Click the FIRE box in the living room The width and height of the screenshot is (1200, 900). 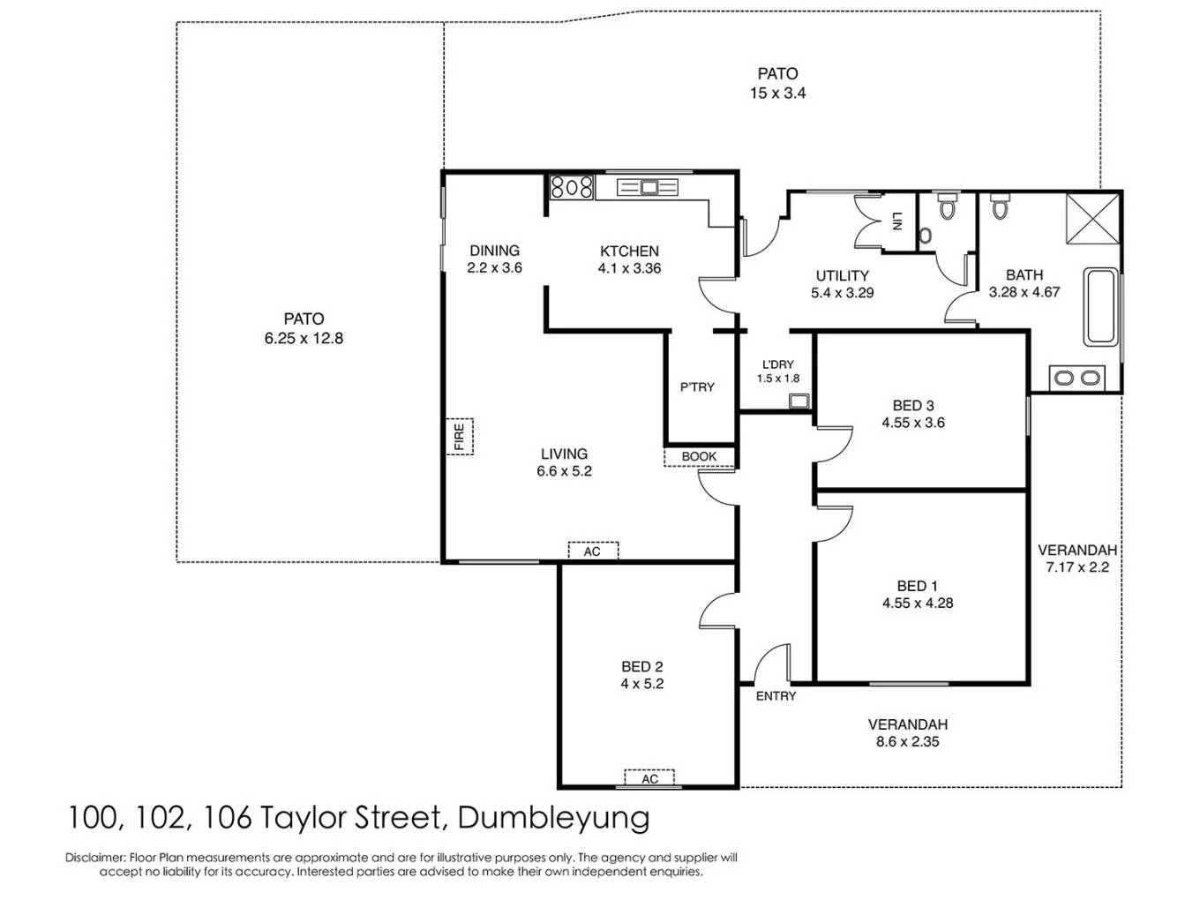point(460,437)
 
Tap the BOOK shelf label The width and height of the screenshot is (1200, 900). point(699,456)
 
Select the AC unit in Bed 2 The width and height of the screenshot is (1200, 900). point(649,778)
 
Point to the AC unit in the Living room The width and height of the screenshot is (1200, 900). point(592,551)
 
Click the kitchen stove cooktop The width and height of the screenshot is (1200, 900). point(572,187)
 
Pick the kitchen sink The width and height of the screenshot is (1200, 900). point(649,187)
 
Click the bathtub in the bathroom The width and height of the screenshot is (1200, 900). point(1100,307)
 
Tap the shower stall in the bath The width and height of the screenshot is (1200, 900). point(1094,215)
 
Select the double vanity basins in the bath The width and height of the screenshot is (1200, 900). point(1077,378)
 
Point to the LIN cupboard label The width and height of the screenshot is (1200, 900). point(896,221)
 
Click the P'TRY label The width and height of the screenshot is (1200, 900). point(697,386)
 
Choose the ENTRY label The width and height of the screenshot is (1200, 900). point(776,696)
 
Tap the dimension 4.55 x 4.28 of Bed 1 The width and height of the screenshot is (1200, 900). point(918,604)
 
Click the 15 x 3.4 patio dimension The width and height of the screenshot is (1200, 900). point(777,93)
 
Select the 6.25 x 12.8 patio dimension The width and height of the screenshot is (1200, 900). point(304,338)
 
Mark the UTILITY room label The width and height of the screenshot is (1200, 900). point(842,275)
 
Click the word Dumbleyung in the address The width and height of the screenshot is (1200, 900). point(554,818)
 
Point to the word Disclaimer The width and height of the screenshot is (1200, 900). point(95,857)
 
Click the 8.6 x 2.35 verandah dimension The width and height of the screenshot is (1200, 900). point(907,742)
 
